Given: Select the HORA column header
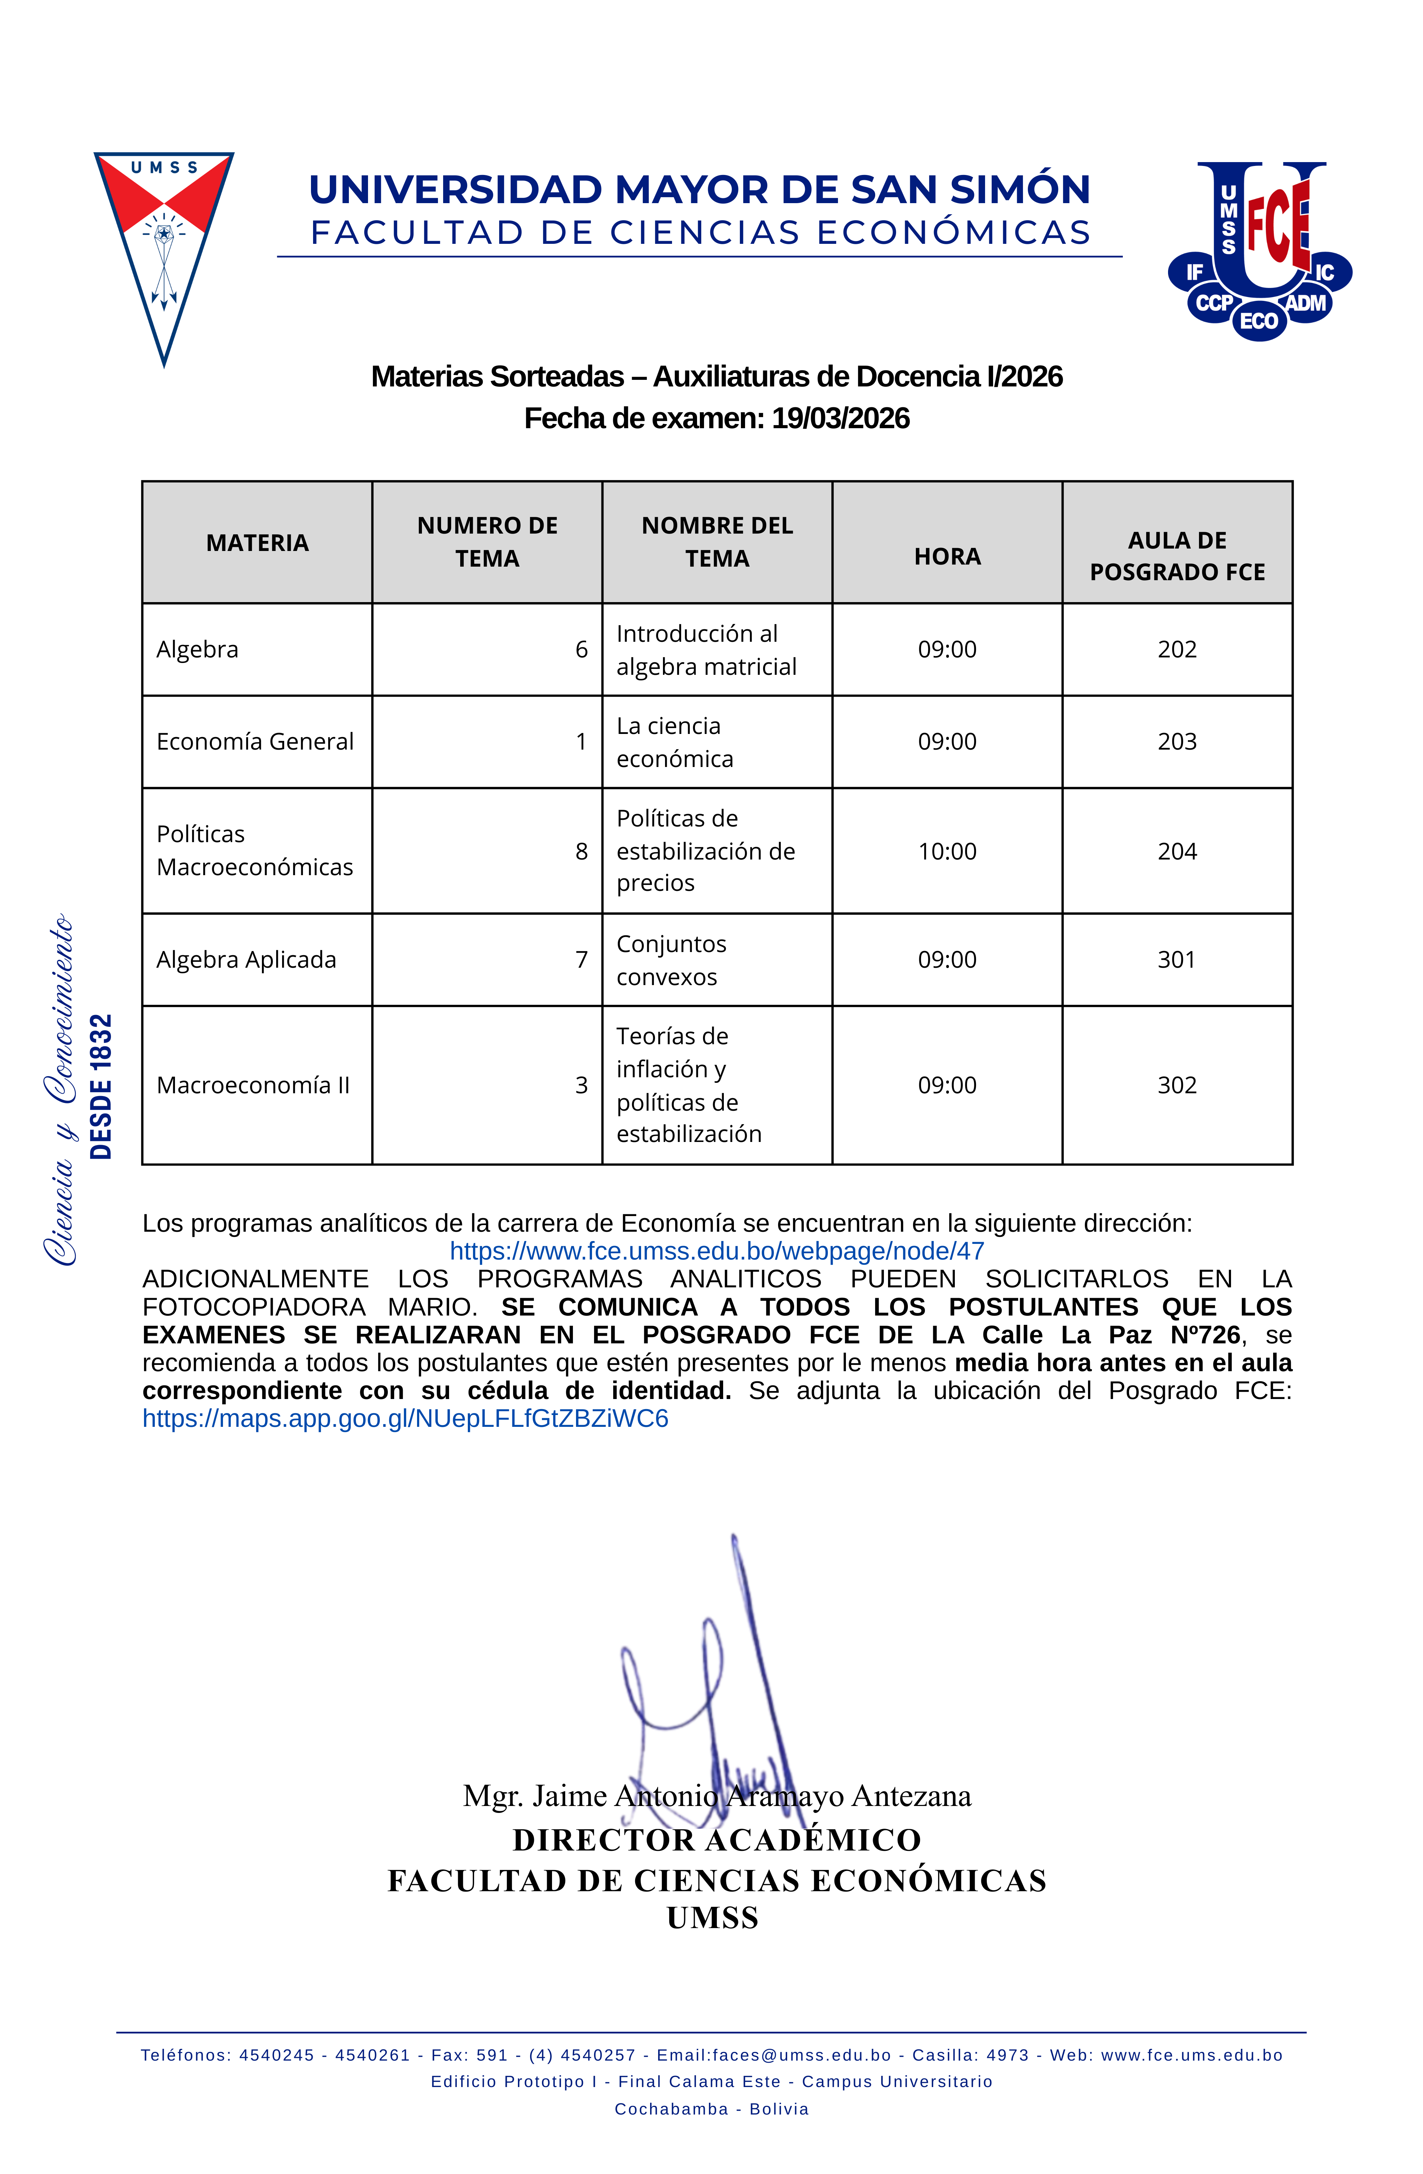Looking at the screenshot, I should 947,556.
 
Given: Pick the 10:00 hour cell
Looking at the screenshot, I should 947,851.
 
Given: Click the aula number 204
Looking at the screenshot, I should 1176,851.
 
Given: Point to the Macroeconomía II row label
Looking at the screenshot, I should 253,1085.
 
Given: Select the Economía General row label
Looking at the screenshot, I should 255,742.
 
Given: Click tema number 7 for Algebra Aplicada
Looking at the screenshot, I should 581,960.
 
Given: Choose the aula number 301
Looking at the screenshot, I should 1176,960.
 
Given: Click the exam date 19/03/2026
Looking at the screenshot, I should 840,418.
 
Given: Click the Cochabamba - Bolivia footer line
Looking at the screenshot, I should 712,2109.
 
